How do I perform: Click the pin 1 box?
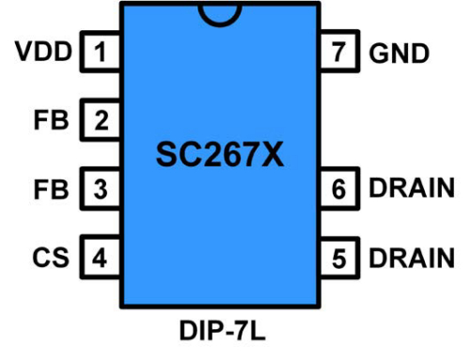click(101, 53)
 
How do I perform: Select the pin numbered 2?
click(101, 120)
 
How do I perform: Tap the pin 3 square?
click(101, 188)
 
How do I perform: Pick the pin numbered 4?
click(101, 256)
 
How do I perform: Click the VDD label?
click(43, 53)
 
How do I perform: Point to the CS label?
click(55, 256)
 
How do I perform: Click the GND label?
click(399, 53)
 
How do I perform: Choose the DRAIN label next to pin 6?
click(412, 188)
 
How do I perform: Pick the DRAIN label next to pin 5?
click(412, 256)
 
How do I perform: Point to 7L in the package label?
click(247, 331)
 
